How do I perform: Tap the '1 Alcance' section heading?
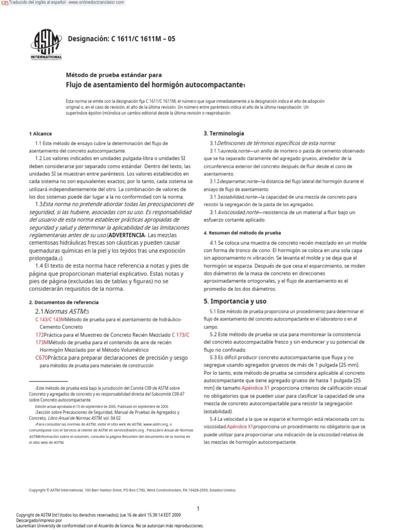[x=40, y=134]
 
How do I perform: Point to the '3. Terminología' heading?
[x=224, y=134]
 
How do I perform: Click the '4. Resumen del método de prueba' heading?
[x=242, y=233]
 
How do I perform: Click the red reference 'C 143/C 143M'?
[x=50, y=320]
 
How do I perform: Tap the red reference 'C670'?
[x=42, y=357]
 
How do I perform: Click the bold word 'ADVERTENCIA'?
[x=127, y=235]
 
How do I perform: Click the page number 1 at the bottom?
[x=198, y=494]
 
